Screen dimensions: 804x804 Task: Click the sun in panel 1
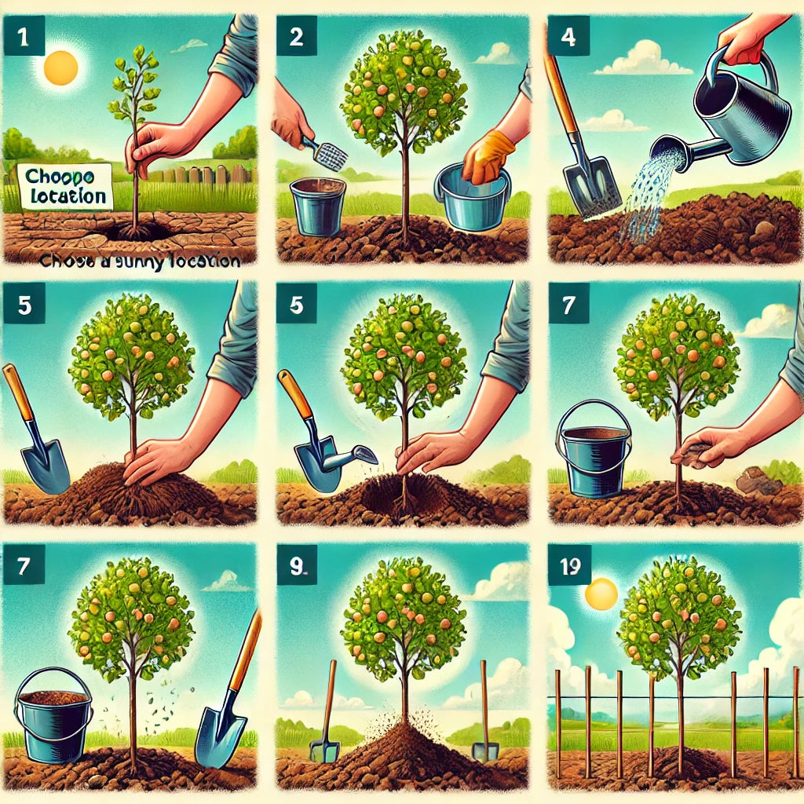pos(61,68)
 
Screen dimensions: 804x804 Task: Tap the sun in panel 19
pos(602,594)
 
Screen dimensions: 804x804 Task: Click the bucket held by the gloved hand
pos(471,200)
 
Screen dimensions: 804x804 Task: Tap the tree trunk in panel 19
pos(680,707)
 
